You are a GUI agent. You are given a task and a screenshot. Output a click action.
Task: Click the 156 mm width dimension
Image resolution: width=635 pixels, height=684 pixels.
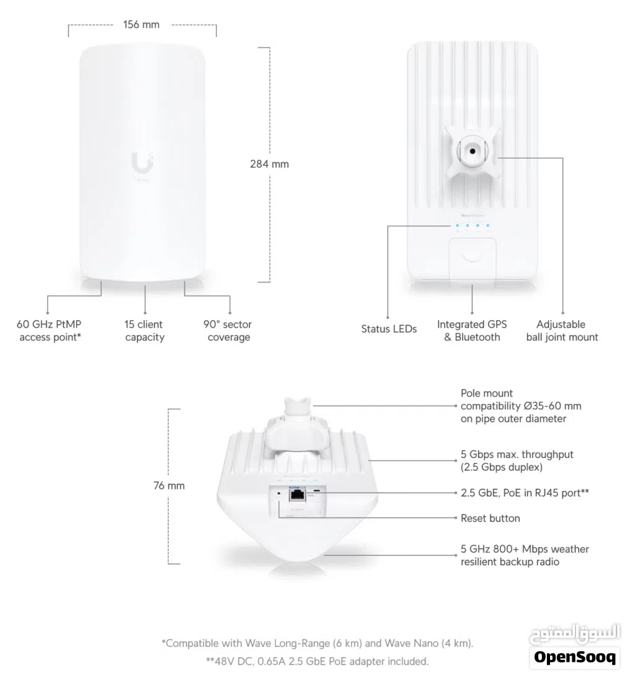tap(142, 25)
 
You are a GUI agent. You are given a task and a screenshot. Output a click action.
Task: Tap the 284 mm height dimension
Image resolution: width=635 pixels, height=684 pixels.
tap(269, 164)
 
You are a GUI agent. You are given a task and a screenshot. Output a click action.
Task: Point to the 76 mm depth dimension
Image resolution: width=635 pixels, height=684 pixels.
tap(169, 486)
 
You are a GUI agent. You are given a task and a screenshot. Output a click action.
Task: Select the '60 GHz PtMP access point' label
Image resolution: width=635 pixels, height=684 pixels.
tap(50, 331)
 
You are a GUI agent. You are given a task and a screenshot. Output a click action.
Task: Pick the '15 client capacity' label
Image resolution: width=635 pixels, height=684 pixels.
tap(144, 331)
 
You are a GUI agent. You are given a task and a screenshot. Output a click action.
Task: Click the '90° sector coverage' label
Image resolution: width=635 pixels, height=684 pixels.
tap(228, 331)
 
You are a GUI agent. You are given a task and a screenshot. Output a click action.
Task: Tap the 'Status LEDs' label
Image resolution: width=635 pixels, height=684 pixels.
tap(389, 329)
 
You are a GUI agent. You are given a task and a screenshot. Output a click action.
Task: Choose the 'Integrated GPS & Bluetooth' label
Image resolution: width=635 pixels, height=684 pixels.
tap(472, 331)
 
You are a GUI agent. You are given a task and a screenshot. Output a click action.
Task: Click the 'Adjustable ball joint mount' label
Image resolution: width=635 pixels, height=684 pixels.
tap(562, 331)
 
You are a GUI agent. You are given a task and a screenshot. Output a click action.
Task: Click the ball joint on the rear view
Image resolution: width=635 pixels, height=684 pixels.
tap(473, 151)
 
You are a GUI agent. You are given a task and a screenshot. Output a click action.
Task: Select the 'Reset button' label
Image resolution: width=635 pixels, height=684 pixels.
tap(490, 518)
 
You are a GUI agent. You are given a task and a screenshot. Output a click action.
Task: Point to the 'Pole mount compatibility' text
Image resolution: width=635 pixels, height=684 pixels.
tap(521, 406)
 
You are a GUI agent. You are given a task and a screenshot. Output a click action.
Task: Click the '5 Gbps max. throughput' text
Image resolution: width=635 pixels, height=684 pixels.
tap(517, 460)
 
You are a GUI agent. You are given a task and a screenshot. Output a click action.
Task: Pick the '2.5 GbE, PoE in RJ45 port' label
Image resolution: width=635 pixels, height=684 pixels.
tap(525, 493)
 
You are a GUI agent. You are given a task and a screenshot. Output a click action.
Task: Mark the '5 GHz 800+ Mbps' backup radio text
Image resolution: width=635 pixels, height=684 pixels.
tap(525, 555)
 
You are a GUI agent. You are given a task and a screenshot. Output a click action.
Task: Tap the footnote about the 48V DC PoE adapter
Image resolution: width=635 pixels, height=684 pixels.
tap(317, 661)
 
